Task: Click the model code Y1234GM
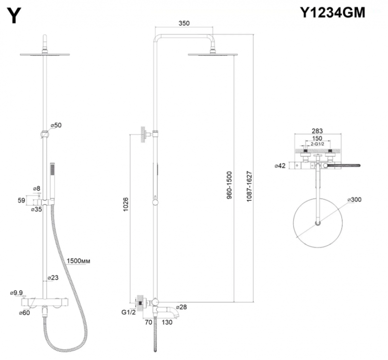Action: (x=332, y=13)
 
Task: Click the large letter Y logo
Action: (x=16, y=16)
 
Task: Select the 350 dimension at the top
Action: (x=184, y=23)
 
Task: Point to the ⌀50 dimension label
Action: (x=56, y=125)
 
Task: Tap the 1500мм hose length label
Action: (x=79, y=261)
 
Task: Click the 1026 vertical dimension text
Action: (x=125, y=206)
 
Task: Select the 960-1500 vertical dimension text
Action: (x=229, y=184)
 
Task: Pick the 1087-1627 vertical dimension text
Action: (x=249, y=184)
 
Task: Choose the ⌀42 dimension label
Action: (x=280, y=165)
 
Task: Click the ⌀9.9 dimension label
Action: (x=17, y=293)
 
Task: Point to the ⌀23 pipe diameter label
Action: (x=53, y=278)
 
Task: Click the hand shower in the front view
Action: (x=52, y=180)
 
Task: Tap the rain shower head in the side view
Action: (x=213, y=54)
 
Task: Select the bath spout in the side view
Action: (x=167, y=306)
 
